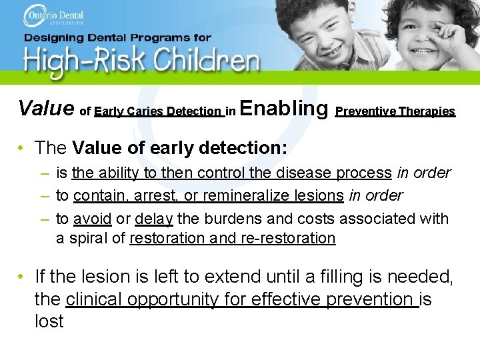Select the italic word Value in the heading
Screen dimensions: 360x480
tap(46, 107)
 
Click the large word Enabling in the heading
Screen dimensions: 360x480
tap(283, 107)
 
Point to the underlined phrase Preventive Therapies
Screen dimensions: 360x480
tap(395, 111)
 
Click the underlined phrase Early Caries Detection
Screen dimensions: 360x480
tap(159, 111)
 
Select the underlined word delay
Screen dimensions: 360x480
tap(154, 218)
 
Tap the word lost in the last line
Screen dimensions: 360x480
tap(49, 321)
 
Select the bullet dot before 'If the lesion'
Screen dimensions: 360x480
tap(22, 275)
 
